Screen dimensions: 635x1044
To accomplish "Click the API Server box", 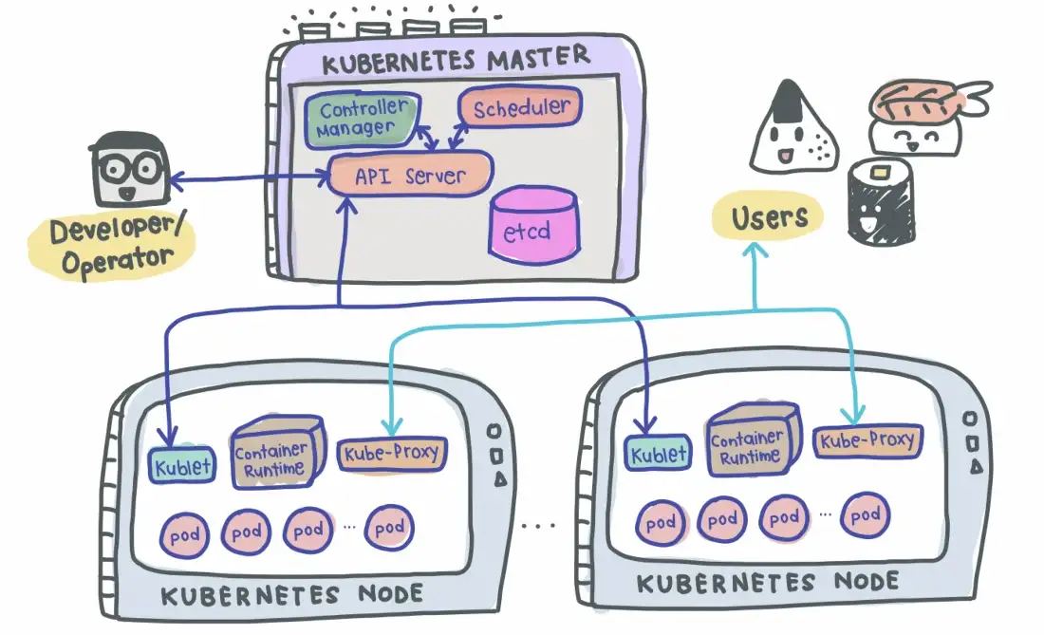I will point(410,175).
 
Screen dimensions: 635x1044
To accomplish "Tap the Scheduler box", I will point(521,107).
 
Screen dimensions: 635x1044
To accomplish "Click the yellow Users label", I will point(769,218).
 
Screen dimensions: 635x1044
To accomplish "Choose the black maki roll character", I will point(878,204).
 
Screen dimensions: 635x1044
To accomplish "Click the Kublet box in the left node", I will point(182,465).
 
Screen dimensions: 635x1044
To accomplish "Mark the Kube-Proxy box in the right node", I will point(867,440).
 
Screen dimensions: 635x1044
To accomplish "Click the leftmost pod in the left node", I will point(185,532).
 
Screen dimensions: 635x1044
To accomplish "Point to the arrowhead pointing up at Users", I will point(755,250).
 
